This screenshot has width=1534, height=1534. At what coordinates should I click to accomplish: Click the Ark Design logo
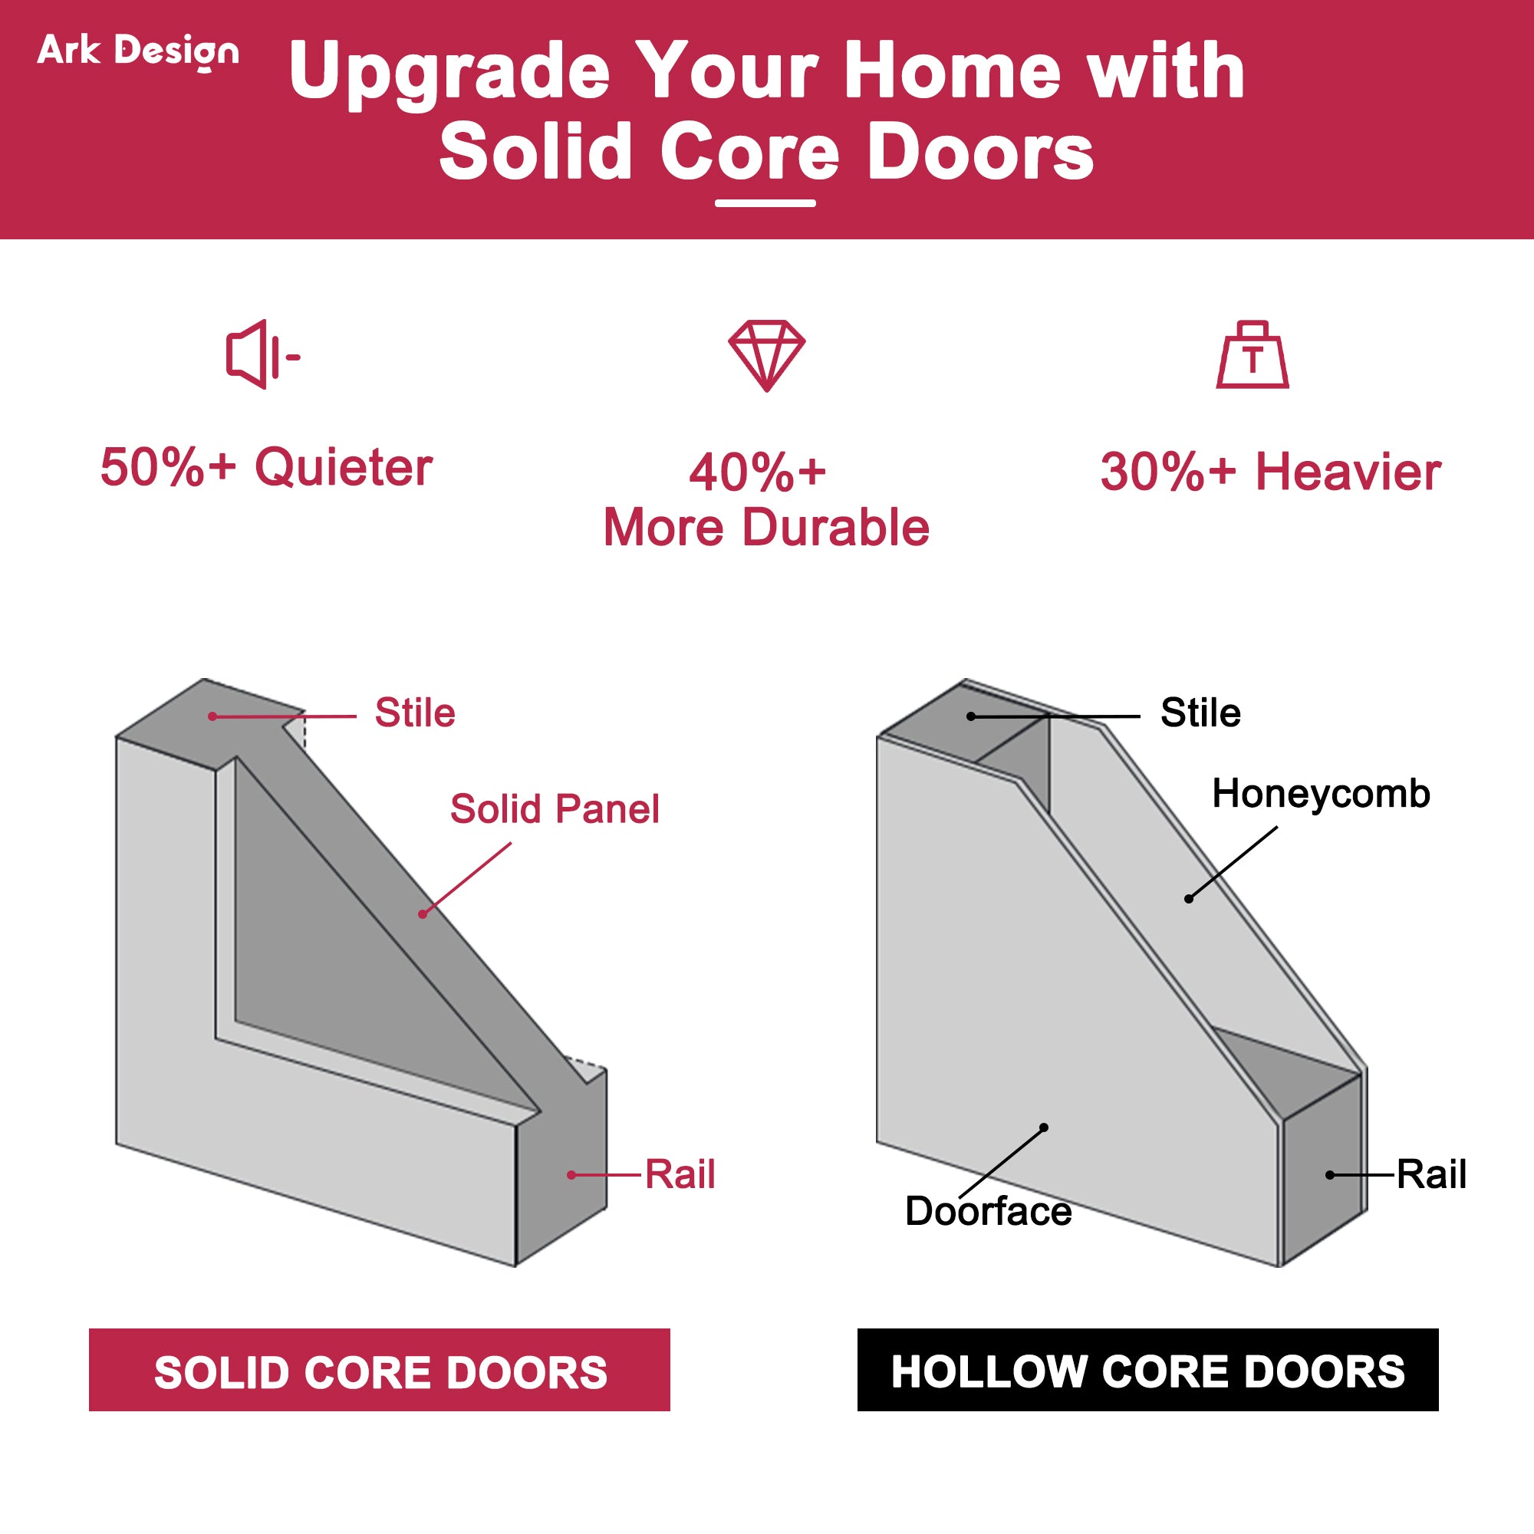[138, 52]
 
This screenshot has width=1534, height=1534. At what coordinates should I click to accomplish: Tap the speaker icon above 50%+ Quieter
[263, 355]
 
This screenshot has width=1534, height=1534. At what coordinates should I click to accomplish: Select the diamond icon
[767, 356]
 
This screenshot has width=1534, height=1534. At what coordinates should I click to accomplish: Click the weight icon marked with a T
[1253, 355]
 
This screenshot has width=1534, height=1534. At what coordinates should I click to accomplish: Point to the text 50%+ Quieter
[266, 467]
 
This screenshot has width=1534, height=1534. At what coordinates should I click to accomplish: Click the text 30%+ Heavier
[1270, 472]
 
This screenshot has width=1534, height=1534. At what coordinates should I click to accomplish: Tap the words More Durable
[766, 527]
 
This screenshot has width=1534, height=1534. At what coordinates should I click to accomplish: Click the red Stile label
[414, 713]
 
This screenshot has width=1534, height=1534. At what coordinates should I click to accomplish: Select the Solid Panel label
[555, 809]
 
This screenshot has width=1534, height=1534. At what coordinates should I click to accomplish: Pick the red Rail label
[680, 1174]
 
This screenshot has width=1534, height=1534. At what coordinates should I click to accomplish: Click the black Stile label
[1200, 713]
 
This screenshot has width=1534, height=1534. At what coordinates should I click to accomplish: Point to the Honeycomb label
[1322, 793]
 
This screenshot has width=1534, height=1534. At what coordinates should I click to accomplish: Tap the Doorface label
[989, 1211]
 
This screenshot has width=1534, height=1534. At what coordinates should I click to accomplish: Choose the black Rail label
[1431, 1174]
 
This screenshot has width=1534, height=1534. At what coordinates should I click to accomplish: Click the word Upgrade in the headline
[449, 73]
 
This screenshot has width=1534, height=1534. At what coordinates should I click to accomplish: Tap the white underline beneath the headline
[765, 203]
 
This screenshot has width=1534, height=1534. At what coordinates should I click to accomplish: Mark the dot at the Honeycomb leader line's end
[1189, 899]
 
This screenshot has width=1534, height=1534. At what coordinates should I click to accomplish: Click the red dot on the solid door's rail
[571, 1175]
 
